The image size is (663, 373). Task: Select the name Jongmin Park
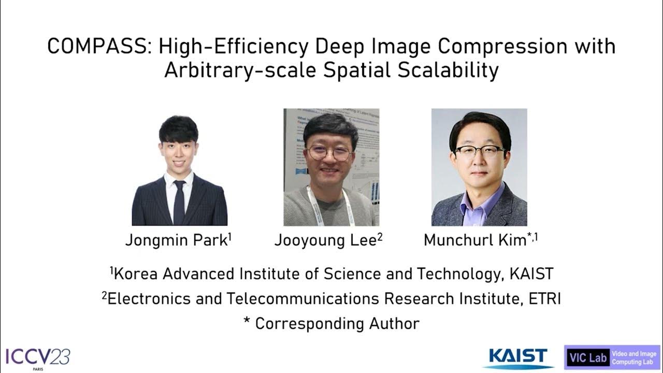tap(176, 240)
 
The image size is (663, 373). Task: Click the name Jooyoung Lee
tap(325, 240)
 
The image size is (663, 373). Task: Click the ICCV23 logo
tap(37, 357)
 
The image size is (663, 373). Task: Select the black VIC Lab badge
tap(587, 358)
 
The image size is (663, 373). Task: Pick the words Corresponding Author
tap(337, 324)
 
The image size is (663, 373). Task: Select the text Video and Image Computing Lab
tap(634, 358)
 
